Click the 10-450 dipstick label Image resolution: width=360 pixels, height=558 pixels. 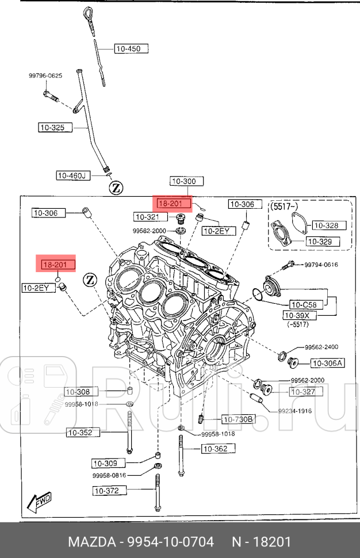click(131, 49)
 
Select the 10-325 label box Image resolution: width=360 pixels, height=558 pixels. click(55, 127)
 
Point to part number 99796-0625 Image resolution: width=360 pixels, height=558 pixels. click(46, 76)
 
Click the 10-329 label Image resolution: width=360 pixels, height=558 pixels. click(321, 242)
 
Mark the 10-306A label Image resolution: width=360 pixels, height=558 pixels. click(327, 363)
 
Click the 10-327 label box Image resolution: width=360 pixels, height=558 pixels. click(306, 392)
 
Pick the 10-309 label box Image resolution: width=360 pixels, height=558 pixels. click(107, 463)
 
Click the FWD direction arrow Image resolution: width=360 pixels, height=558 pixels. click(39, 503)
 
